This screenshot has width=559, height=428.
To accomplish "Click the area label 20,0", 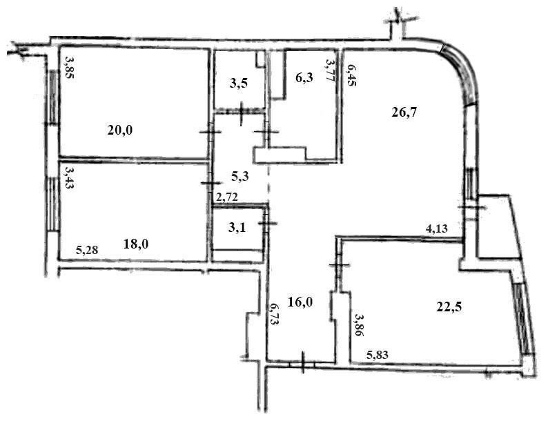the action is (x=120, y=130).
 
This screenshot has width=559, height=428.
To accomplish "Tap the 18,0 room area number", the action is (x=136, y=244).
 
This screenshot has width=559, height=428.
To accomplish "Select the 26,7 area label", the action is (x=404, y=113).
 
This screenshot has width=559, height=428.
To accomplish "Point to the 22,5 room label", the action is (x=449, y=307).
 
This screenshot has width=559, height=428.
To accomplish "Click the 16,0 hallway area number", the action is (x=300, y=302).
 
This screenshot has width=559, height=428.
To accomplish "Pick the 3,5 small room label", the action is (x=239, y=84).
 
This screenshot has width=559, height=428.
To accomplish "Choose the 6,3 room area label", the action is (x=304, y=77).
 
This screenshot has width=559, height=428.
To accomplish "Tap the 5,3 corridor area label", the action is (x=240, y=176).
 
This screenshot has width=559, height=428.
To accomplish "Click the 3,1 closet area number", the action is (x=237, y=227).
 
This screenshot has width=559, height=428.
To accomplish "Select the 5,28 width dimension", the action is (x=87, y=250).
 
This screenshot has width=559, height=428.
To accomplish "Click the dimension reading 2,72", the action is (x=227, y=196).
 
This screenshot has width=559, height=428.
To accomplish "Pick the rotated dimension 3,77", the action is (x=331, y=70).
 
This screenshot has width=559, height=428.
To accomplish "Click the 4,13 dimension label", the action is (x=437, y=228).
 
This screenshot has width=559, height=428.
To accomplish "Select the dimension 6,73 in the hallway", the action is (x=275, y=314).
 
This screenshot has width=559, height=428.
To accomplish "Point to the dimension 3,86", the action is (x=358, y=325).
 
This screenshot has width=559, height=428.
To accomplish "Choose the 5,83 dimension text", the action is (x=377, y=355).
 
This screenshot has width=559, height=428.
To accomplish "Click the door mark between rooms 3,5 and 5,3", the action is (x=242, y=111).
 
